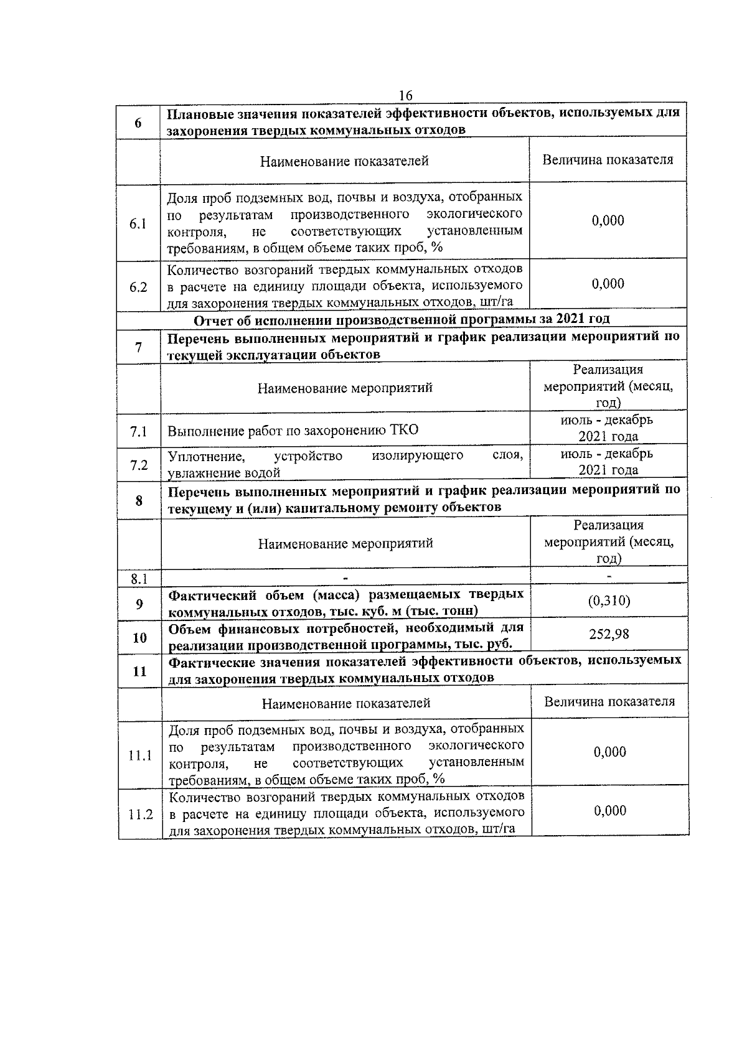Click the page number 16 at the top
pyautogui.click(x=405, y=95)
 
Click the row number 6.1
pyautogui.click(x=138, y=223)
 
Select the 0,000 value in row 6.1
pyautogui.click(x=608, y=220)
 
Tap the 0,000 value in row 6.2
pyautogui.click(x=608, y=284)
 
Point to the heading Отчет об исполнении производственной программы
pyautogui.click(x=402, y=319)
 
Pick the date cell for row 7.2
pyautogui.click(x=608, y=462)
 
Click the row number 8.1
pyautogui.click(x=139, y=579)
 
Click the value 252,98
pyautogui.click(x=609, y=634)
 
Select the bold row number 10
pyautogui.click(x=139, y=638)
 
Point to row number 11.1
pyautogui.click(x=140, y=756)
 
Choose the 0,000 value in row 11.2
pyautogui.click(x=609, y=810)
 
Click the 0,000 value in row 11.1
pyautogui.click(x=609, y=752)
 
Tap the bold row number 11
pyautogui.click(x=139, y=671)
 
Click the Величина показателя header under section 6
pyautogui.click(x=608, y=160)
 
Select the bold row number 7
pyautogui.click(x=138, y=347)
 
